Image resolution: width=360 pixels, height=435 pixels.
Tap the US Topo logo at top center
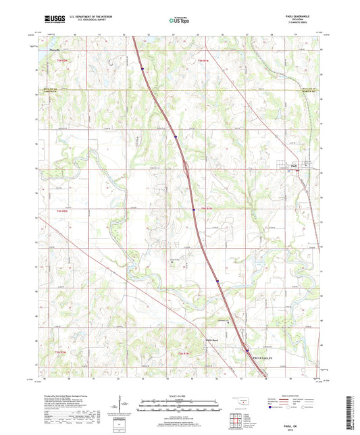179,22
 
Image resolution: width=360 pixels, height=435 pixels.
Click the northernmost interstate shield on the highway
143,68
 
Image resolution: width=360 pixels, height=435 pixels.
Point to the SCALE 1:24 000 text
180,396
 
